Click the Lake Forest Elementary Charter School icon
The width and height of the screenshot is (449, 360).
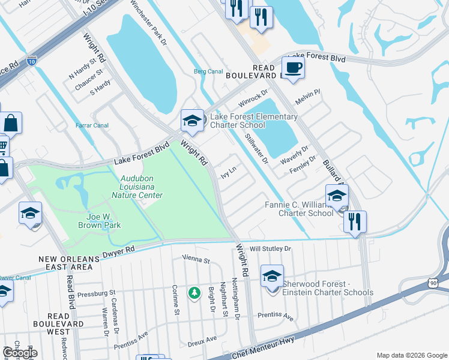pos(191,121)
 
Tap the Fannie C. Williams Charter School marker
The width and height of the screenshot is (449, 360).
pos(337,196)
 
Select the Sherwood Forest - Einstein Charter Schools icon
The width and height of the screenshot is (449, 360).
pos(272,277)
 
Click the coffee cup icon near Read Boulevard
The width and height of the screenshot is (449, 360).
pos(293,67)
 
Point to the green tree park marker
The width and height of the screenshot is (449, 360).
pos(194,293)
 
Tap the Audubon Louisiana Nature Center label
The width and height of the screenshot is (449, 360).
pos(142,187)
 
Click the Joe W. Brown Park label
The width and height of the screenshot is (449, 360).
pos(100,221)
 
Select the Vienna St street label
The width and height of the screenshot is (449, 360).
pos(197,261)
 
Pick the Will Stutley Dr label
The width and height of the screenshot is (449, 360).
pos(270,248)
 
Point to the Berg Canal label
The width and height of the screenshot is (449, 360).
pos(208,71)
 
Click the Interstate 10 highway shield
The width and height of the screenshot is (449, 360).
pos(31,61)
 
